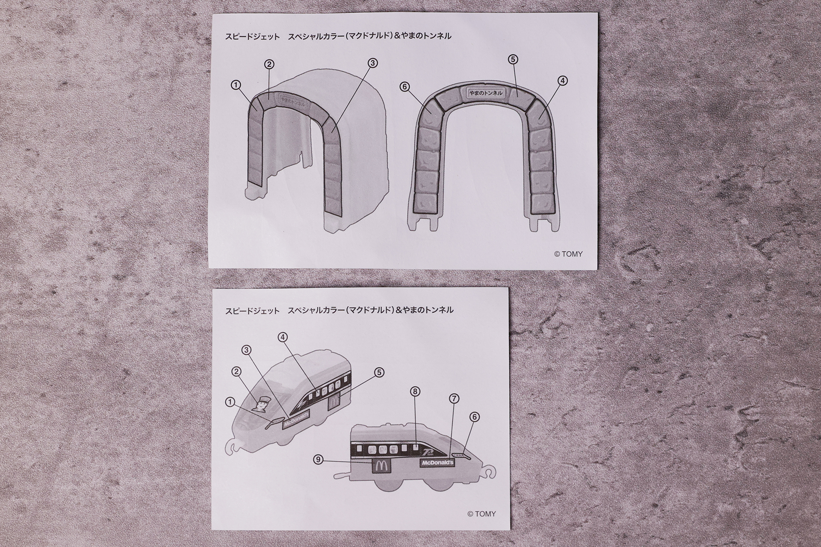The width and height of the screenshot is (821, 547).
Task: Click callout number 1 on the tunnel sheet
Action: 235,85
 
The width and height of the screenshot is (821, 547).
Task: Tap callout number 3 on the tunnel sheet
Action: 372,63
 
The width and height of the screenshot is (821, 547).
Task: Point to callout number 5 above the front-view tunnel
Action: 514,59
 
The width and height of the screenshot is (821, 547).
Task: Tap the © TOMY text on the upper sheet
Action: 568,254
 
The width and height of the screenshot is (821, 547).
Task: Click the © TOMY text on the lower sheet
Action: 481,514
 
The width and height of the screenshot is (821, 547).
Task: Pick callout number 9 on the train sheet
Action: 318,460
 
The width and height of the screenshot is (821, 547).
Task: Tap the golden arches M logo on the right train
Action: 378,467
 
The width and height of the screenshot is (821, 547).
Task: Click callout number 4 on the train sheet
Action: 282,337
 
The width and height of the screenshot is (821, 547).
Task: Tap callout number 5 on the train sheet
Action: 379,372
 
